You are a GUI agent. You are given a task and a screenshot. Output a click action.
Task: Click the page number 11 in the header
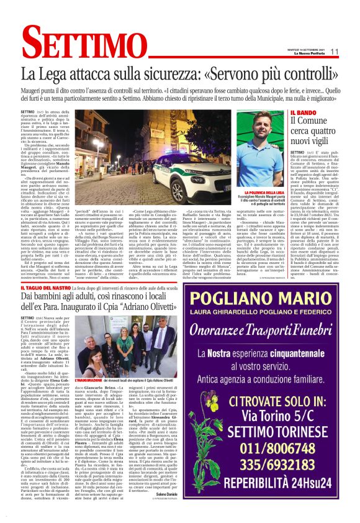coord(334,52)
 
